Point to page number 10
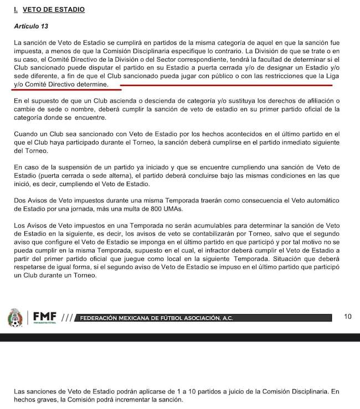click(348, 316)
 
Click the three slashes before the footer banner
click(67, 319)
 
